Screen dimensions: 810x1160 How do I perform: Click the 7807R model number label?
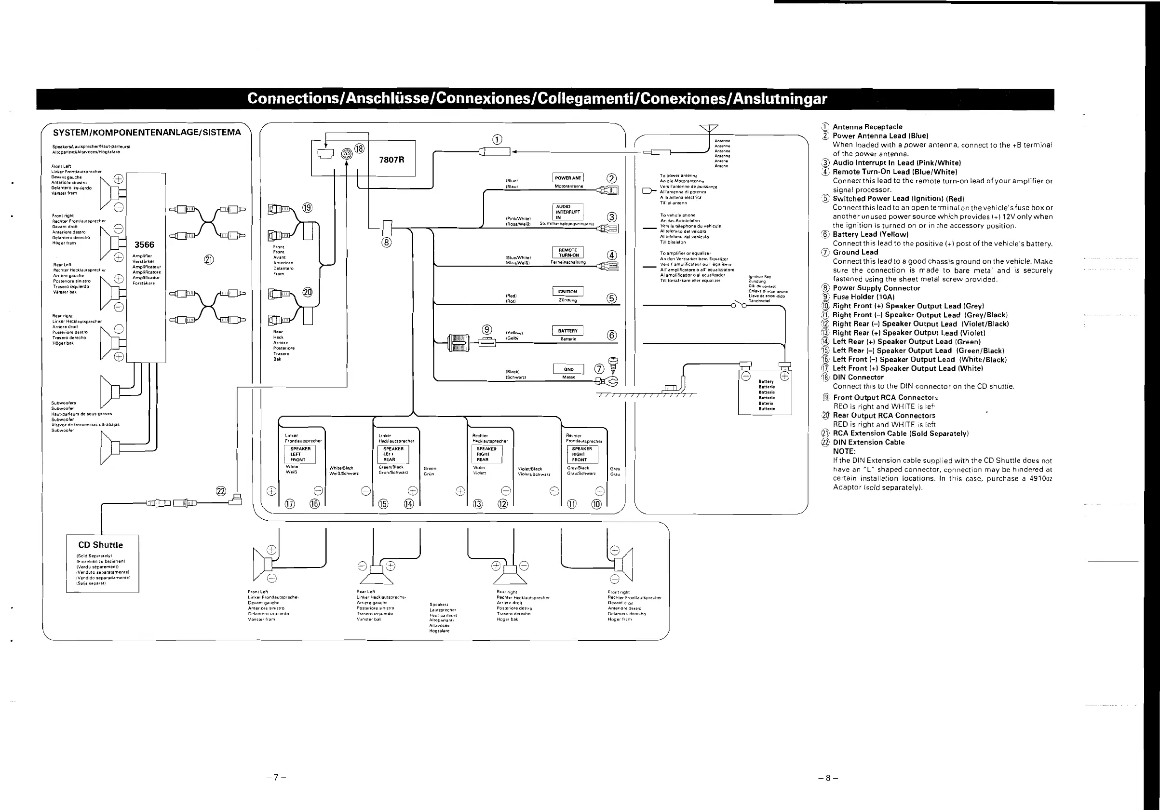[391, 160]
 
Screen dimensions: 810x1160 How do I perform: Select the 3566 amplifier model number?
[144, 245]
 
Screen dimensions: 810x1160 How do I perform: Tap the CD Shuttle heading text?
[101, 545]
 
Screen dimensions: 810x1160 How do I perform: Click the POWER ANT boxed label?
[568, 178]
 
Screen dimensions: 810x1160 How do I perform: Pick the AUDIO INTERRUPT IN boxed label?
[568, 212]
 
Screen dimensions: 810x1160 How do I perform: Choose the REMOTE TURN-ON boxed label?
[568, 253]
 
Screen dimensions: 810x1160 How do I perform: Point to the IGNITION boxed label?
[567, 292]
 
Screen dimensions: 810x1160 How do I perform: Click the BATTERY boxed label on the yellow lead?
[567, 331]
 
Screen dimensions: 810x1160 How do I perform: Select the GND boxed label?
[568, 369]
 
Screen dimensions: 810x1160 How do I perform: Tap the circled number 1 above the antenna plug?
[498, 139]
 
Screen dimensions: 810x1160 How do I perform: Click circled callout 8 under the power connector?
[387, 243]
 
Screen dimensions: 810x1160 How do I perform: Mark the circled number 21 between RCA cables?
[209, 260]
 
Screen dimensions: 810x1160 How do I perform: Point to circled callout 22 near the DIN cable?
[221, 491]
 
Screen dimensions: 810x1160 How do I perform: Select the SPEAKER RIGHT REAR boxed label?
[486, 454]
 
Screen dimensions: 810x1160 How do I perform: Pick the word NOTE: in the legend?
[844, 451]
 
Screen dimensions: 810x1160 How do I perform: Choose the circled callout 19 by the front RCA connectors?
[307, 208]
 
